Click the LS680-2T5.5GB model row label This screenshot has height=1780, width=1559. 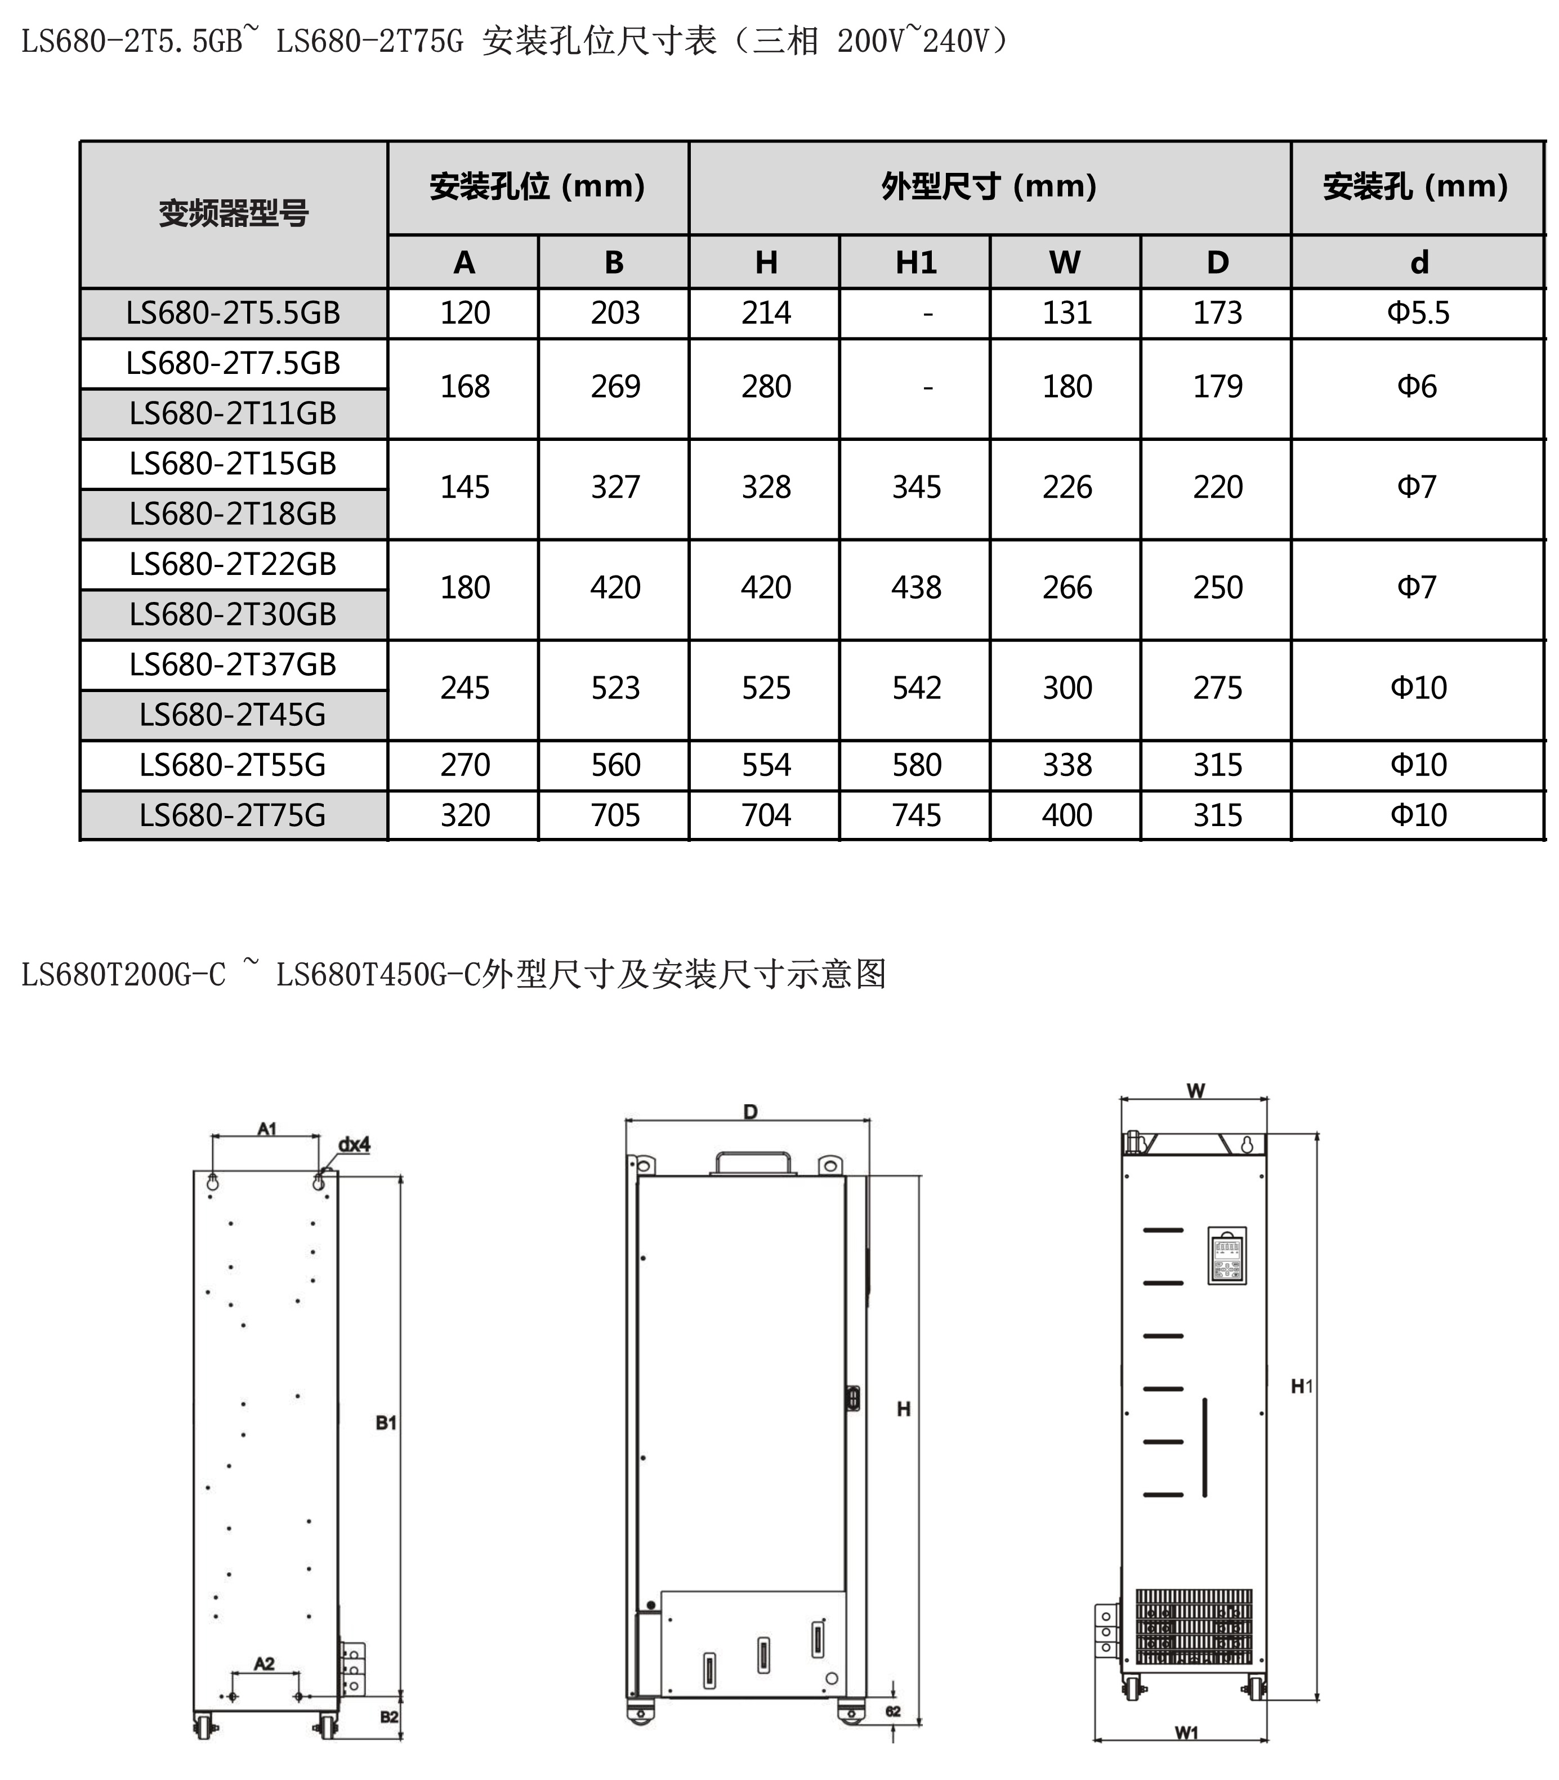tap(233, 313)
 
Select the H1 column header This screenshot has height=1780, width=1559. tap(915, 262)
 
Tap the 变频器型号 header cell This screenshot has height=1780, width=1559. tap(233, 213)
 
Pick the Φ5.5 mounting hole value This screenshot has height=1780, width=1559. tap(1418, 313)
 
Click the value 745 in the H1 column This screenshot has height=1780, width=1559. tap(916, 815)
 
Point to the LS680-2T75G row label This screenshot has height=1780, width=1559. tap(233, 815)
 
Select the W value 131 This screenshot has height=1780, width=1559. tap(1066, 313)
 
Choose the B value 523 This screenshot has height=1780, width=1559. tap(615, 688)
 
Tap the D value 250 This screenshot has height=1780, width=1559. tap(1217, 587)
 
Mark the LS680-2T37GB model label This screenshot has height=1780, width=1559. tap(233, 664)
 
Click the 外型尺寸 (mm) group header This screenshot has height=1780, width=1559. tap(989, 186)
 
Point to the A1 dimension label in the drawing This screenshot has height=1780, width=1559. tap(267, 1129)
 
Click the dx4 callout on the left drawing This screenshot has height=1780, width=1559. tap(354, 1145)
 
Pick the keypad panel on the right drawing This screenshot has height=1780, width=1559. tap(1227, 1255)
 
